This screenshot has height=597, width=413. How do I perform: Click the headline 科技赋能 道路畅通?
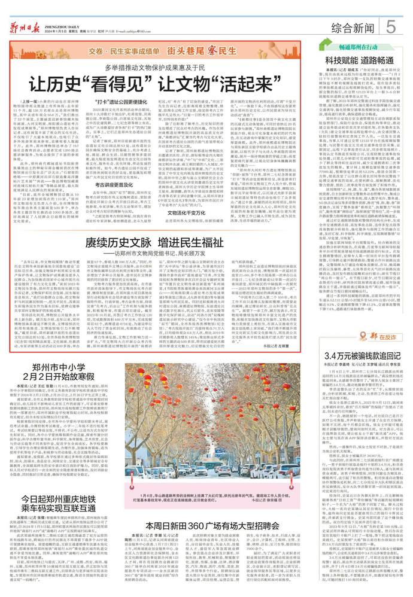[358, 61]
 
